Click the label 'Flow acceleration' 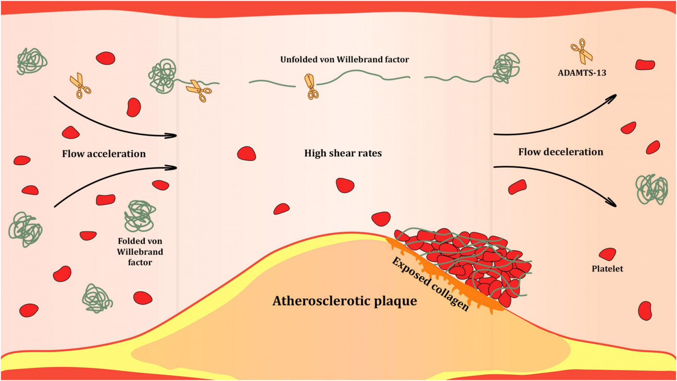104,154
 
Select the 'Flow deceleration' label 560,152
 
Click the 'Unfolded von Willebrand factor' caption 344,60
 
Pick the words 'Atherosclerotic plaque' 345,301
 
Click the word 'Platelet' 607,269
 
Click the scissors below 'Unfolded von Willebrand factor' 311,85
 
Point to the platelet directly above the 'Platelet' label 607,254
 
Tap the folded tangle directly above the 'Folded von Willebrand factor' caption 140,215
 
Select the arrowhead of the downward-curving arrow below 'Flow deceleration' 615,205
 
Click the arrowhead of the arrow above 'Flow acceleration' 172,136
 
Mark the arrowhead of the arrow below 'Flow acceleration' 172,168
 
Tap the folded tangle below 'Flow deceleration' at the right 651,189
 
